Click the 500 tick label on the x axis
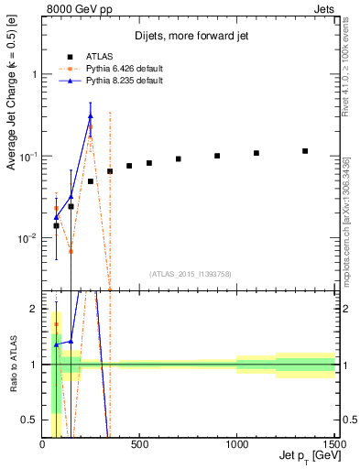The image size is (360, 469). tap(139, 445)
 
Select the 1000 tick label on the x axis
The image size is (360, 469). tap(236, 445)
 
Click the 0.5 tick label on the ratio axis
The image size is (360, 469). tap(30, 420)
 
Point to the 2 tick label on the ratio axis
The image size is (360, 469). tap(35, 309)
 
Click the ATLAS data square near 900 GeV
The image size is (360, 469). tap(217, 156)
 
